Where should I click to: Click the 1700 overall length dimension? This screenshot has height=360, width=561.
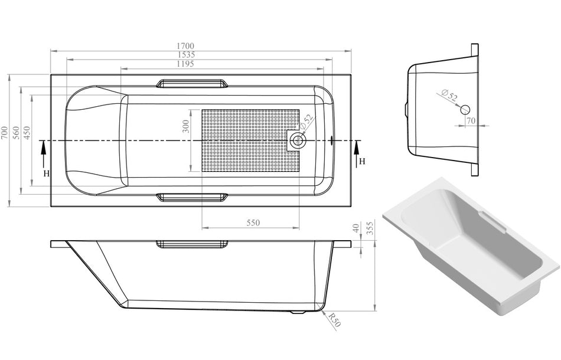[185, 46]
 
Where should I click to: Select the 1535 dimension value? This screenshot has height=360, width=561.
[185, 55]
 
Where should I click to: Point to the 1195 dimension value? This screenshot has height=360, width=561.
[185, 64]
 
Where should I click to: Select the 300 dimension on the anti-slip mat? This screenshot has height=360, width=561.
[185, 126]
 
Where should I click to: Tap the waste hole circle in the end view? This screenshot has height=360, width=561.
[465, 110]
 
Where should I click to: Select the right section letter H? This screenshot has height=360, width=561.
[362, 161]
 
